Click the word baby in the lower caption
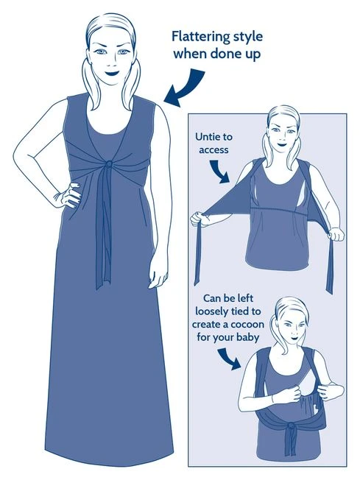point(248,338)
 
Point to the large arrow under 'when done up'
point(186,88)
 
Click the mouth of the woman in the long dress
point(112,74)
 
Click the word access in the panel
point(213,150)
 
